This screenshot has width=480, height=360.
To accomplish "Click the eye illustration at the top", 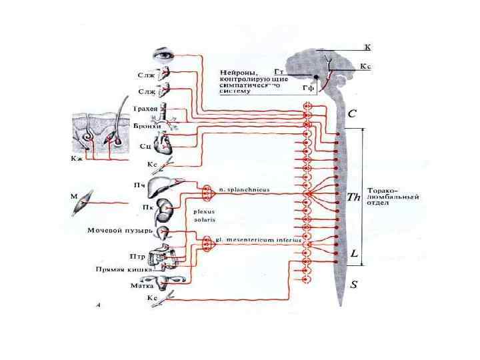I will tap(162, 53).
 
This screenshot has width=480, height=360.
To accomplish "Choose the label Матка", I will tap(143, 285).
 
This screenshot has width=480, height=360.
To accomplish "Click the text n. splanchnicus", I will tap(244, 190).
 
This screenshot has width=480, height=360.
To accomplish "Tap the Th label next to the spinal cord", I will tap(354, 197).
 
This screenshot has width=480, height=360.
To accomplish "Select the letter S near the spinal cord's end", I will tap(354, 285).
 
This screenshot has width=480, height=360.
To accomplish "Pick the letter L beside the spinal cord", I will tap(354, 254).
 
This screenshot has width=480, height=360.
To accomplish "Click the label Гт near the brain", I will tap(280, 71).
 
